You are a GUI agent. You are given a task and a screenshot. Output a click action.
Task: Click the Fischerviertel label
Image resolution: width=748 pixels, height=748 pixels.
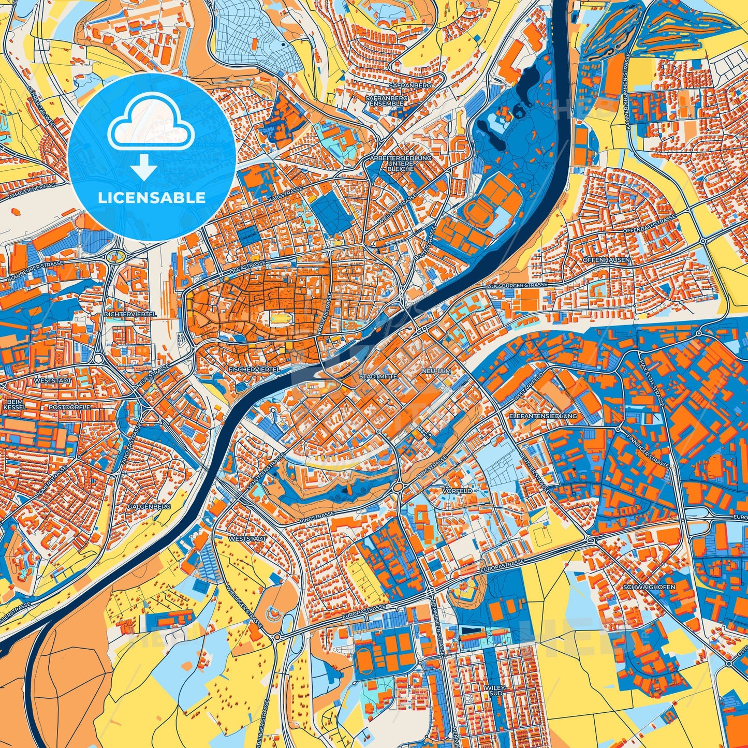tap(254, 370)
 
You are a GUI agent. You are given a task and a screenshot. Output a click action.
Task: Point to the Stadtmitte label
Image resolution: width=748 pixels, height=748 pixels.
tap(378, 376)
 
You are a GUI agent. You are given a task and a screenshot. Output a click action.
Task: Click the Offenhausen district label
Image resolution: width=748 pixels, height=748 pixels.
tap(606, 260)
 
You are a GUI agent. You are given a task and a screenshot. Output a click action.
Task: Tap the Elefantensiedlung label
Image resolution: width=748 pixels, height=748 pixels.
tap(543, 416)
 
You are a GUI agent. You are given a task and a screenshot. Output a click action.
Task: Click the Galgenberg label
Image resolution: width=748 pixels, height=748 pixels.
tap(149, 506)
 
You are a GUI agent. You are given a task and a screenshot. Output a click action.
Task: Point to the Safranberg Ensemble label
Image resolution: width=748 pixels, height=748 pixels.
tap(386, 100)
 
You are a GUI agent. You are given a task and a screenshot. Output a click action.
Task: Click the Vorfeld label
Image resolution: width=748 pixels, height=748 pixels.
tap(457, 490)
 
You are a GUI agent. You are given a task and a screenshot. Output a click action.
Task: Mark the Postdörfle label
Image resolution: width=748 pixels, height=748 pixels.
tap(69, 407)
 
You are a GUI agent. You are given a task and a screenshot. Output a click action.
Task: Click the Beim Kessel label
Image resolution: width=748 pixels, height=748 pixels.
tap(14, 404)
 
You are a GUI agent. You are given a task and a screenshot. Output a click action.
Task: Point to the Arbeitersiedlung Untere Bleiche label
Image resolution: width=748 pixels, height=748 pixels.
tap(401, 163)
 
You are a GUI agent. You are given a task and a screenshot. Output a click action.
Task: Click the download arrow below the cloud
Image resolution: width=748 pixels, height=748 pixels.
tap(144, 167)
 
